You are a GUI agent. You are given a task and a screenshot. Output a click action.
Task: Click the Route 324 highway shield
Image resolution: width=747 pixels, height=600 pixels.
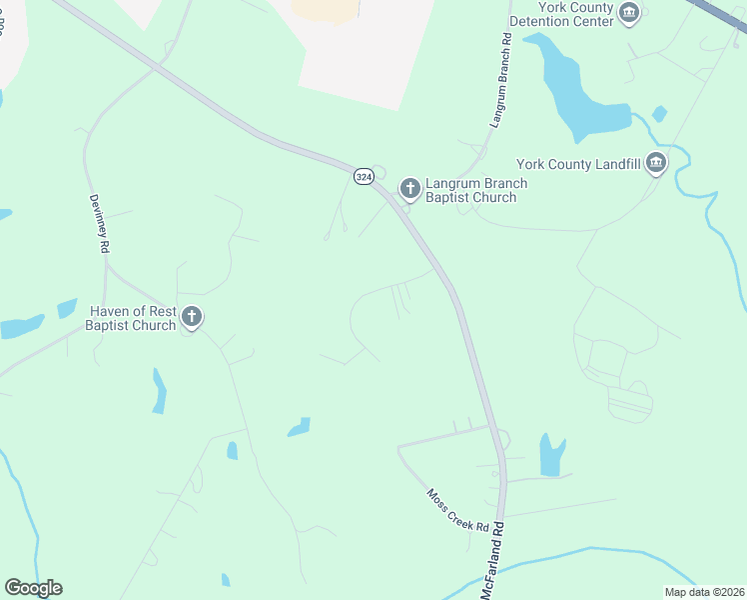point(363,176)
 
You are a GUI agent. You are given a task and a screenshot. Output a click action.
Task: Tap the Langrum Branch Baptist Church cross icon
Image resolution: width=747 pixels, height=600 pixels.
point(409,188)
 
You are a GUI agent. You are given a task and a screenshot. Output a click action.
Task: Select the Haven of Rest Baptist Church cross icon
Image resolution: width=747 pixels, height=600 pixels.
point(192,318)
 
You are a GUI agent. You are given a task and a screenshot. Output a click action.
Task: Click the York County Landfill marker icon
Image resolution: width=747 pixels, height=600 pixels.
point(656,163)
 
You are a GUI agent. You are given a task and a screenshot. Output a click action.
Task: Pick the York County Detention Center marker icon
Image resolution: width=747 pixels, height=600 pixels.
point(629,13)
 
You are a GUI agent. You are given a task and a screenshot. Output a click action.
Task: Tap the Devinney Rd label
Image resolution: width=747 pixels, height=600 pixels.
point(97,223)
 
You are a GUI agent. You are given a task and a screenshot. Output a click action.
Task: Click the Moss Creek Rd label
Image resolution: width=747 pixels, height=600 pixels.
point(458,510)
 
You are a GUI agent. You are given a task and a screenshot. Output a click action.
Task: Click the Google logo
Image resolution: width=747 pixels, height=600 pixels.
point(33,588)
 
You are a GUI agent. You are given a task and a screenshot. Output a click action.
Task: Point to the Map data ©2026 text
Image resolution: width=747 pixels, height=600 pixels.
point(705,592)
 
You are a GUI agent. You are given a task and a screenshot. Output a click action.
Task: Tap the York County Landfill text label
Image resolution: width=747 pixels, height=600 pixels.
point(578,164)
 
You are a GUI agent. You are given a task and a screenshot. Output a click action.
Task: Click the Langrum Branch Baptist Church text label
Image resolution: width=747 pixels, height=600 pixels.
point(475,190)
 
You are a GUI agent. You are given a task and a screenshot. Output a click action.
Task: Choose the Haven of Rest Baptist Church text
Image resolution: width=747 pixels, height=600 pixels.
point(131,318)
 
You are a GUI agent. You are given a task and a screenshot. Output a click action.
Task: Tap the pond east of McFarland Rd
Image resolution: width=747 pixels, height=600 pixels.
point(551,455)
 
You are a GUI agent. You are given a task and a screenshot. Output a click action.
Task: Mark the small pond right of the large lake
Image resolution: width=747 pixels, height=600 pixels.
point(659,113)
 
